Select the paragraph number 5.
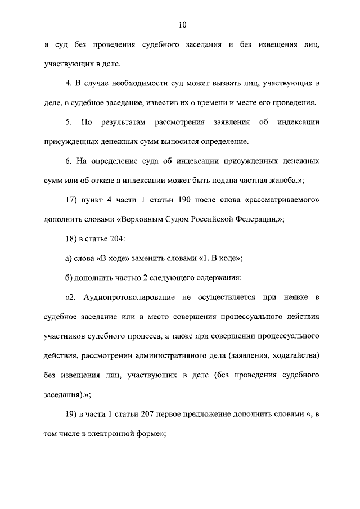point(67,122)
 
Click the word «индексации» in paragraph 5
point(299,122)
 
